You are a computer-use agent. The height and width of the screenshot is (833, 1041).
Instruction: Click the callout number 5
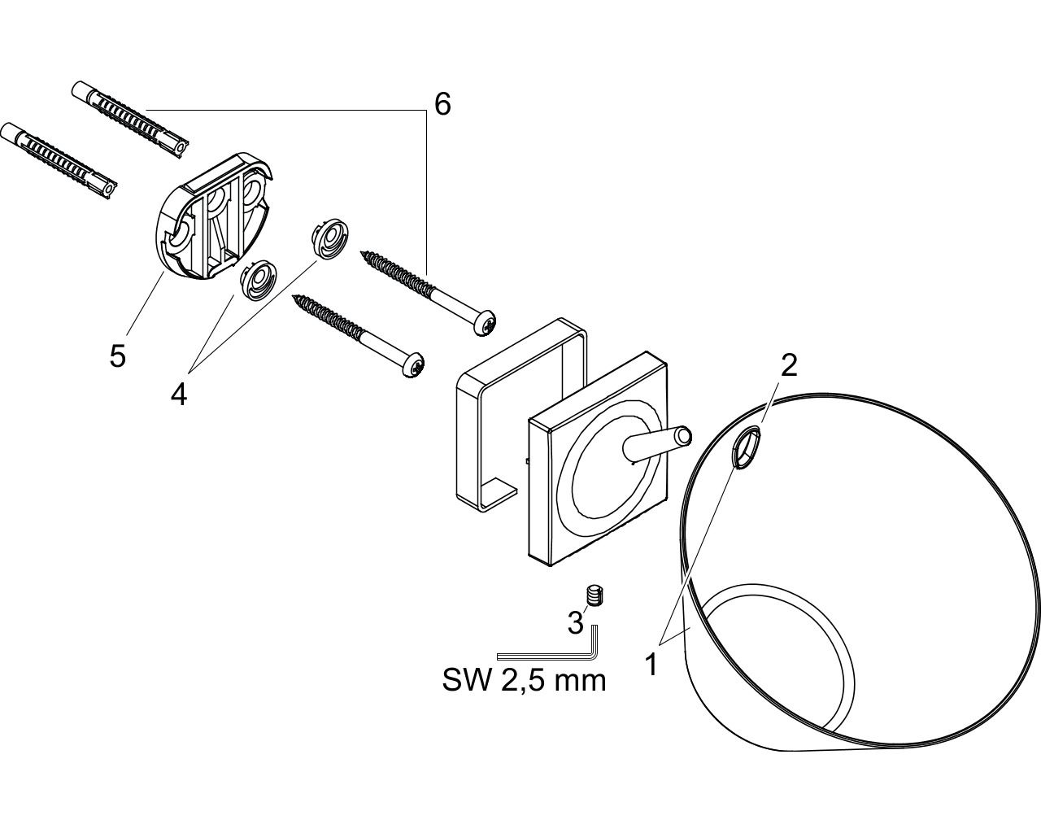(x=118, y=355)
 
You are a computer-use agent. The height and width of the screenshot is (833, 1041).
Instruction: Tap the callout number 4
(x=179, y=394)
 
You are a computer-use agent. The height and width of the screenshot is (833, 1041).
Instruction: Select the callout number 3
(x=575, y=622)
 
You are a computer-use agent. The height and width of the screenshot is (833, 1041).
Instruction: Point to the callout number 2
(x=789, y=365)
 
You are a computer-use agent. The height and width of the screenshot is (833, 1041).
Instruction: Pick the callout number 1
(x=652, y=665)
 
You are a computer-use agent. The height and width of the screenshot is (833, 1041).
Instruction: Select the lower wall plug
(x=59, y=160)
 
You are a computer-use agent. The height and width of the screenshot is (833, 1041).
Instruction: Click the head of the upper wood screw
(x=485, y=322)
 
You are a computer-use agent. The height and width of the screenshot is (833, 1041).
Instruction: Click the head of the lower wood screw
(x=412, y=364)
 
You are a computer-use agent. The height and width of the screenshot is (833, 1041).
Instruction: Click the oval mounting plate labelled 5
(x=216, y=216)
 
